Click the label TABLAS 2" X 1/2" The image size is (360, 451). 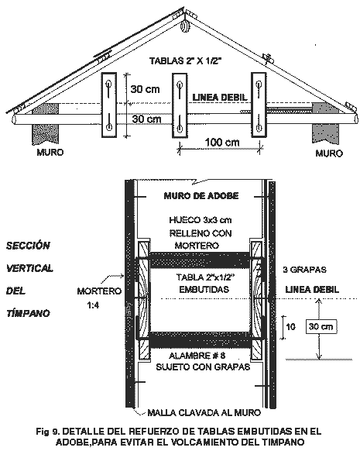pos(186,61)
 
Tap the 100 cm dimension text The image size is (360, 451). pos(221,142)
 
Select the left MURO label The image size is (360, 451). pos(50,152)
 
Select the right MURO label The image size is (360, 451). pos(329,153)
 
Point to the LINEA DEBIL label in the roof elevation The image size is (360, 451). pos(220,97)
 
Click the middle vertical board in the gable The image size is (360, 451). pos(180,105)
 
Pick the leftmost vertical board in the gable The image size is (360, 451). pos(109,105)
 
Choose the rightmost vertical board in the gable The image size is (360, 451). pos(259,105)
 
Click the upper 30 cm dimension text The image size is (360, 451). pos(145,89)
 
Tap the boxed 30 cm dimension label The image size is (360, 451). pos(321,327)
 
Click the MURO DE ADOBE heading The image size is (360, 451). pos(201,196)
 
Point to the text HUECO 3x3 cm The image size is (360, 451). pos(201,220)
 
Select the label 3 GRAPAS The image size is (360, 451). pos(304,270)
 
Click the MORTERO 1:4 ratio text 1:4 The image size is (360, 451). pos(93,305)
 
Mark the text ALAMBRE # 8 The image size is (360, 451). pos(197,356)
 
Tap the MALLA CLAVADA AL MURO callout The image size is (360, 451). pos(204,413)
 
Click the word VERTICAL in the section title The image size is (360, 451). pos(29,268)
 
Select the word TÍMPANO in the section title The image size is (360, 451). pos(28,312)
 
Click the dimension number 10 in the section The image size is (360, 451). pos(290,327)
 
